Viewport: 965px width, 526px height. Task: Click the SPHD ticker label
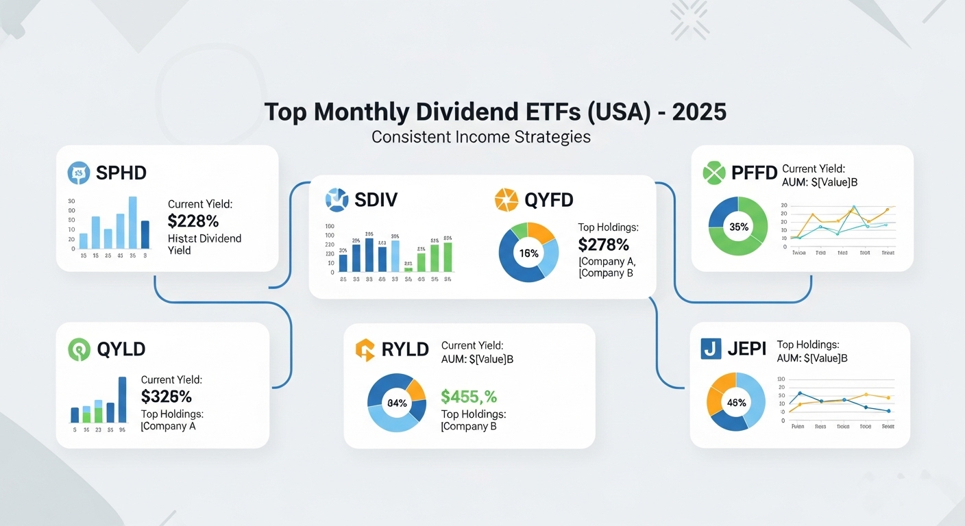(121, 173)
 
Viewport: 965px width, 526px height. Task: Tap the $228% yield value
(193, 221)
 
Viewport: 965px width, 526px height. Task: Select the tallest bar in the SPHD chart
(133, 222)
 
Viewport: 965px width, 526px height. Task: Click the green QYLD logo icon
(80, 349)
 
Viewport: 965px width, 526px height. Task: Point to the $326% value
(167, 397)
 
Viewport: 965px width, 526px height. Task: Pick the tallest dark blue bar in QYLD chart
(123, 399)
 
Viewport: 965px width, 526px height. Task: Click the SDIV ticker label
(376, 200)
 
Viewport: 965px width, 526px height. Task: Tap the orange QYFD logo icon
(506, 200)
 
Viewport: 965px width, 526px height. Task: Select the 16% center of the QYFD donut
(529, 253)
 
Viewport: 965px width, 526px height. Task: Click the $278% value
(604, 245)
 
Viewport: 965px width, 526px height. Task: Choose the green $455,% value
(469, 397)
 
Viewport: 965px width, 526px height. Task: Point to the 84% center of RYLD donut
(397, 403)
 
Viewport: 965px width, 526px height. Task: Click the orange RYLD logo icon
(365, 349)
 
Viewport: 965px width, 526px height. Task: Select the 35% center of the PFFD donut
(739, 227)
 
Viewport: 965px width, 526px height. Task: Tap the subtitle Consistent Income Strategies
(481, 137)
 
